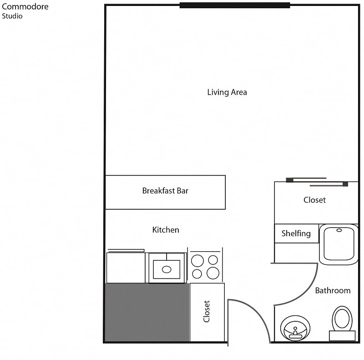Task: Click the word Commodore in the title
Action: point(25,7)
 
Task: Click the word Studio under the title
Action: point(12,16)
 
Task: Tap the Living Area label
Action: point(227,92)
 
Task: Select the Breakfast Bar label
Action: point(165,191)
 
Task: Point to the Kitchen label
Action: point(166,230)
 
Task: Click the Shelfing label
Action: point(296,233)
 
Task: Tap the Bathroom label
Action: point(333,290)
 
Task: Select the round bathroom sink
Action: point(295,328)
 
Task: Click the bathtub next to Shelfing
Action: point(339,244)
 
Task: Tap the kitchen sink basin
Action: point(167,269)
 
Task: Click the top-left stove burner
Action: point(197,260)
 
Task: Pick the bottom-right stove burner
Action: point(213,273)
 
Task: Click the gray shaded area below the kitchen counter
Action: point(147,312)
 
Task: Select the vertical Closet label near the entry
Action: point(207,311)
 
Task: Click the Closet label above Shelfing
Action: point(314,200)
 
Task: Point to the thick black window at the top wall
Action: point(235,5)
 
